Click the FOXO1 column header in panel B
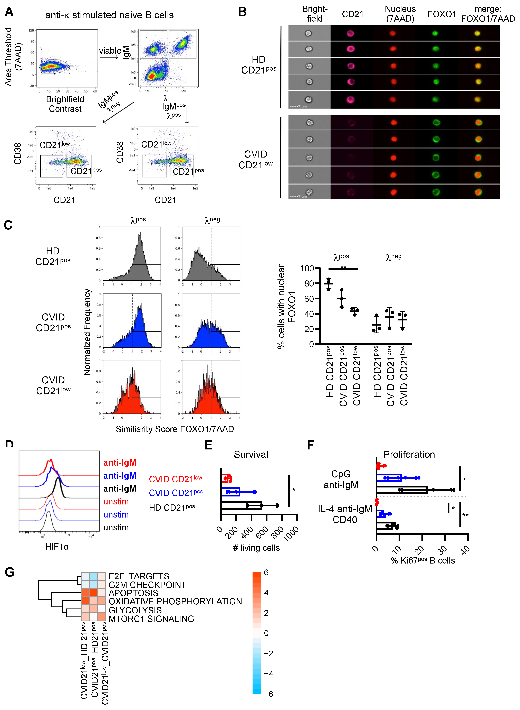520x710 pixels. (442, 14)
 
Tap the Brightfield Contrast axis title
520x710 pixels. (65, 104)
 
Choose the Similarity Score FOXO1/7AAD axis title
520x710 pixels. (175, 429)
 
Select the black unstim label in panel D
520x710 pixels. (116, 527)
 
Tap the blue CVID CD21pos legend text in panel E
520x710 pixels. (176, 493)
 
